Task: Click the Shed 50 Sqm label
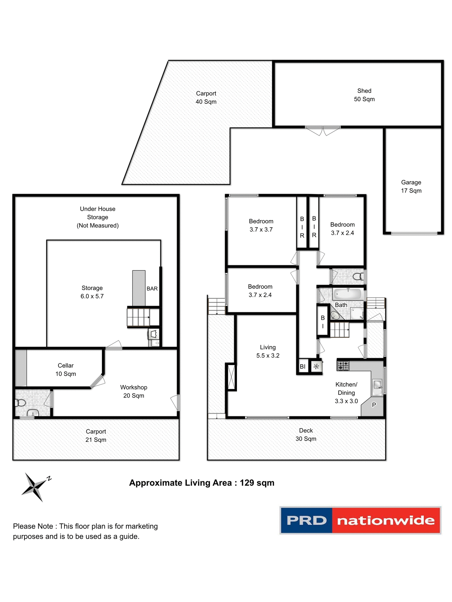click(x=364, y=95)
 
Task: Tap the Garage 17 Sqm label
click(x=411, y=187)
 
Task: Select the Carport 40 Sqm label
click(x=206, y=98)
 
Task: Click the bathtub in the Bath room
click(x=347, y=294)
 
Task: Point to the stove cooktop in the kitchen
click(x=343, y=366)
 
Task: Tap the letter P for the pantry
click(x=374, y=405)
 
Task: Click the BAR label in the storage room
click(x=152, y=288)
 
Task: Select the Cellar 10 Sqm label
click(x=66, y=370)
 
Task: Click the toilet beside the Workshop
click(x=20, y=402)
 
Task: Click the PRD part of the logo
click(x=306, y=520)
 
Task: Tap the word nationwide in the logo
click(x=386, y=520)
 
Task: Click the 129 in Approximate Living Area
click(x=247, y=483)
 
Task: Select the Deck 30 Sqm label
click(x=306, y=435)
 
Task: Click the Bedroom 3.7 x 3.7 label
click(x=261, y=225)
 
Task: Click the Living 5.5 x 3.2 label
click(x=268, y=351)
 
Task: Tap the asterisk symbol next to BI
click(x=316, y=366)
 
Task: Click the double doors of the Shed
click(x=323, y=130)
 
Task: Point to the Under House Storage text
click(x=98, y=213)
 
